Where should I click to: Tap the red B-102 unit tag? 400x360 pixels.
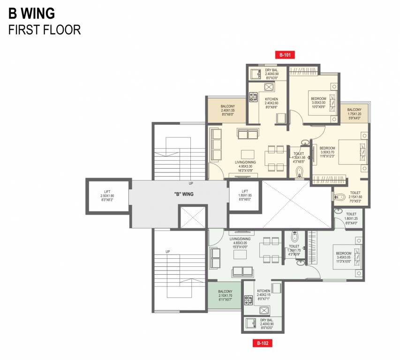pos(263,344)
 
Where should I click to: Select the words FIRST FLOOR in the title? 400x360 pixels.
pos(45,30)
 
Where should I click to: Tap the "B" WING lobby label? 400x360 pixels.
pos(184,194)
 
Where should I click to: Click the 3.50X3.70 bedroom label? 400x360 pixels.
pos(327,152)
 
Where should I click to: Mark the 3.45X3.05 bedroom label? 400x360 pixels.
pos(344,257)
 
